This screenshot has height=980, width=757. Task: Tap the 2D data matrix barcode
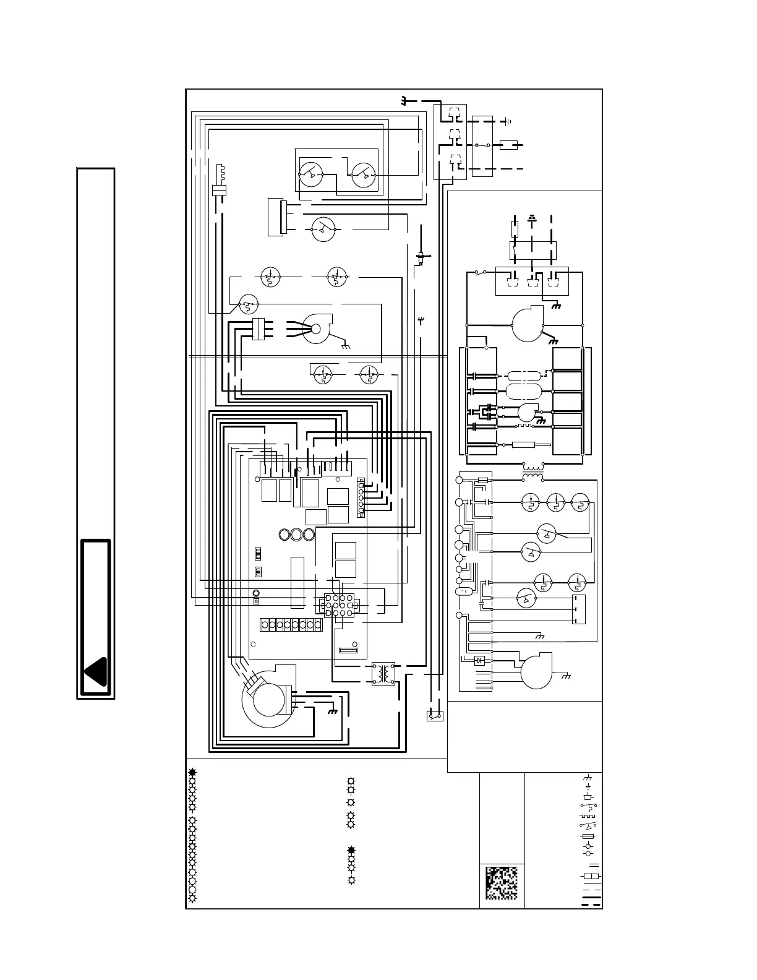502,883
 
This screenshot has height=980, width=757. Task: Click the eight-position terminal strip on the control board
291,624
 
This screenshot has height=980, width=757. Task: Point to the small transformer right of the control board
383,674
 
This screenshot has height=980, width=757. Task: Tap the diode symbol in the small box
478,661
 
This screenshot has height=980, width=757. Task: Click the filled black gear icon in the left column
193,772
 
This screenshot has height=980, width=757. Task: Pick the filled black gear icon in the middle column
351,851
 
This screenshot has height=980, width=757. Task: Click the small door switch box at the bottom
434,716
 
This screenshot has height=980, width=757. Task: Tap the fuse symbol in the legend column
588,836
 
